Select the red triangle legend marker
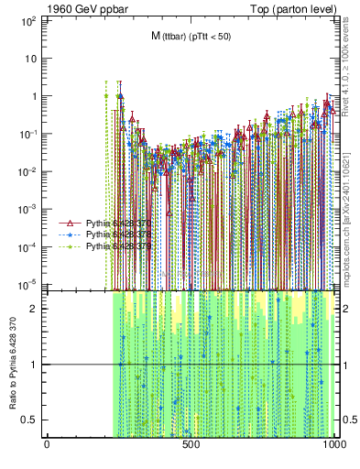[69, 224]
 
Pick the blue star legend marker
[69, 234]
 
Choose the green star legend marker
[69, 246]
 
